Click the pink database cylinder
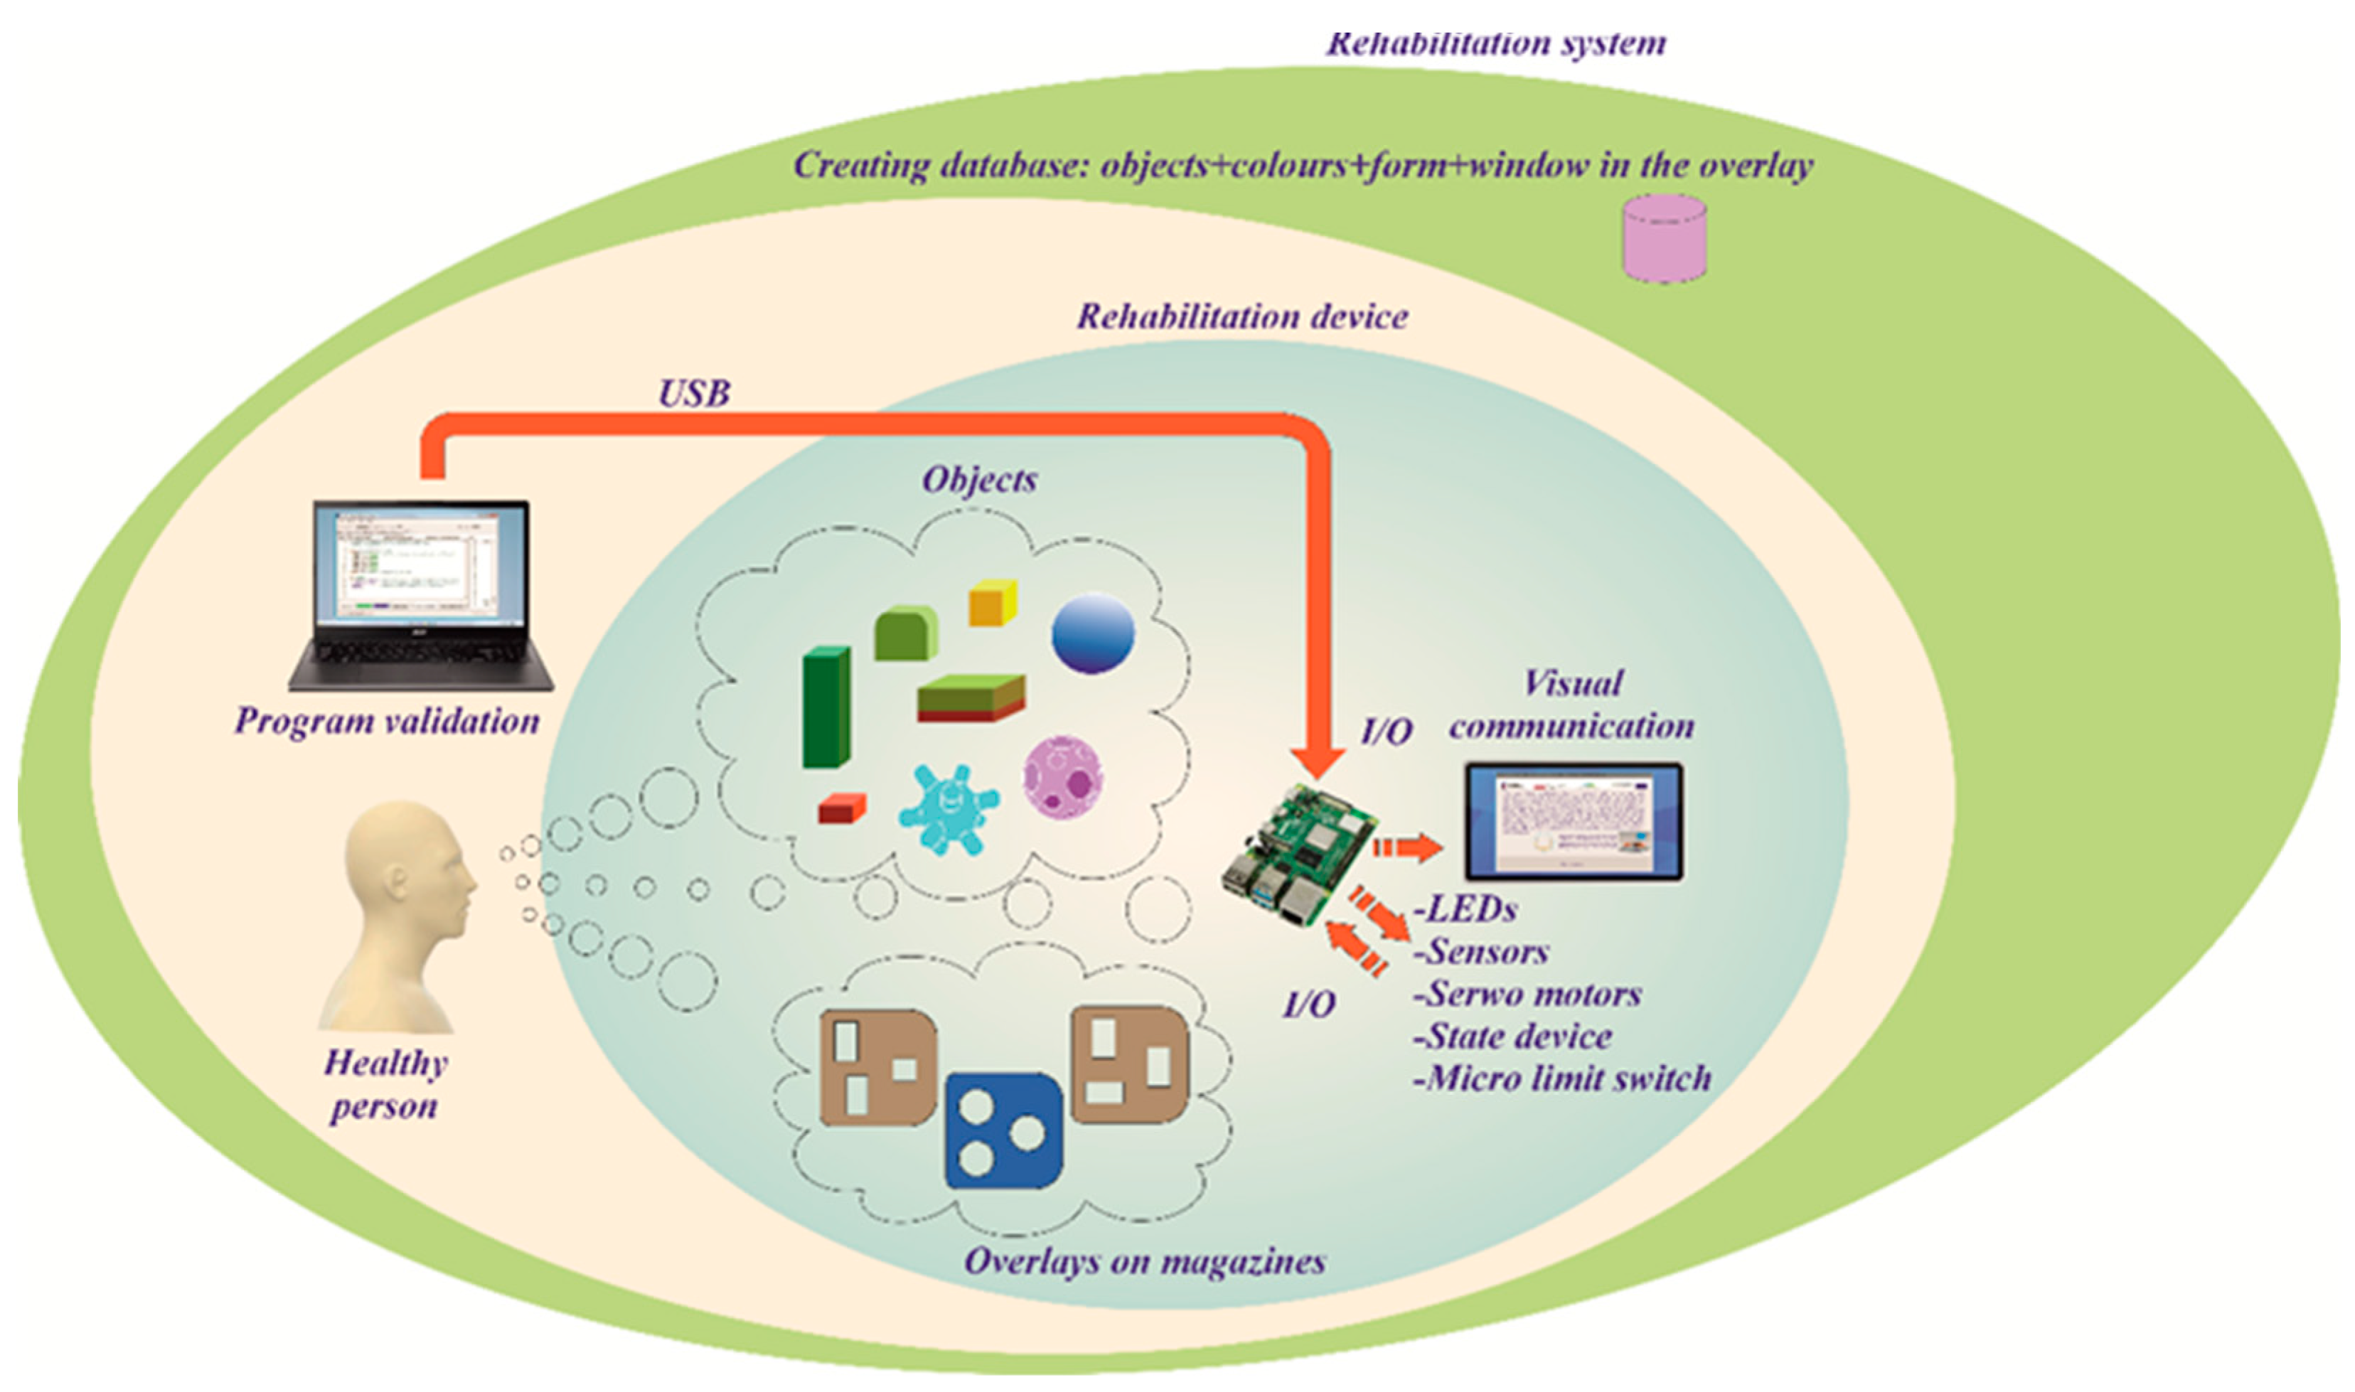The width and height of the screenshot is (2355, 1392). (x=1664, y=238)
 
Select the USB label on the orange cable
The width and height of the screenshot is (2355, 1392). (x=694, y=394)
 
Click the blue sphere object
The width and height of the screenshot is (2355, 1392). (x=1093, y=633)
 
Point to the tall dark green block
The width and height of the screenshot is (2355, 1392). (x=826, y=707)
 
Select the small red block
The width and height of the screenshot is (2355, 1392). (x=840, y=808)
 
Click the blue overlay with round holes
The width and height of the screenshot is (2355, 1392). (x=1003, y=1131)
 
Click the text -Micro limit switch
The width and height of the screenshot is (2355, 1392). (x=1562, y=1078)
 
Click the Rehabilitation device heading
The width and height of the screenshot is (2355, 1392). (x=1241, y=317)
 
